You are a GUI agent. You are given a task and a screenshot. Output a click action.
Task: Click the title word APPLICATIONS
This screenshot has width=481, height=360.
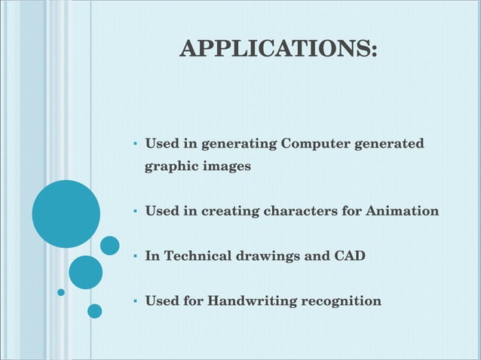pyautogui.click(x=277, y=49)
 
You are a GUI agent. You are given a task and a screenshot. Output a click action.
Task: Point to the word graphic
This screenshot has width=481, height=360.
pyautogui.click(x=170, y=166)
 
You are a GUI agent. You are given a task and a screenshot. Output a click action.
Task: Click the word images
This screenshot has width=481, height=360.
pyautogui.click(x=226, y=166)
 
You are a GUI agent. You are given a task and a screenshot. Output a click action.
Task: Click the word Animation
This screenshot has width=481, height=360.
pyautogui.click(x=402, y=211)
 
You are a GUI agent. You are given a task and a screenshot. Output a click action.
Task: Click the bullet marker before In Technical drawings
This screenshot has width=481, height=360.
pyautogui.click(x=133, y=257)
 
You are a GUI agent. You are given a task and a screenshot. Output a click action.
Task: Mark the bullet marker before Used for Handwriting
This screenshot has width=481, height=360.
pyautogui.click(x=133, y=302)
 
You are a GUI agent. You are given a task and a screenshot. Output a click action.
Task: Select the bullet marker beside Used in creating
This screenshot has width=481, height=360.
pyautogui.click(x=133, y=212)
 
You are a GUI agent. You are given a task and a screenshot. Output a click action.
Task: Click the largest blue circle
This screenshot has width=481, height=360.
pyautogui.click(x=66, y=214)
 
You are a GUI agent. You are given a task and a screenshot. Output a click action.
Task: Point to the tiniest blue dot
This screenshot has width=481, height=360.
pyautogui.click(x=61, y=292)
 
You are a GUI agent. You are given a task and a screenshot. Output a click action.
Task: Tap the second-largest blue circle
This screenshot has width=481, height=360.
pyautogui.click(x=85, y=272)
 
